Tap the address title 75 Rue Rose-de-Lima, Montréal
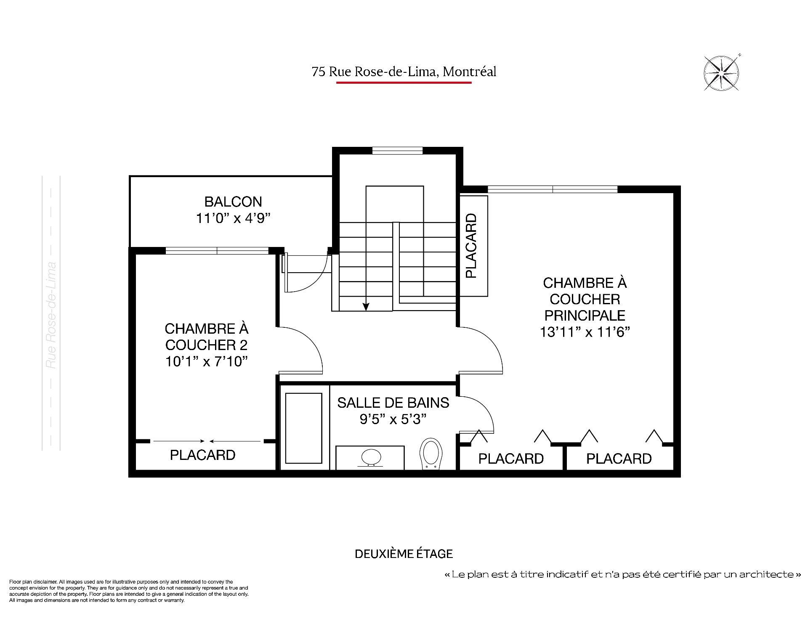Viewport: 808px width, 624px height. (x=404, y=72)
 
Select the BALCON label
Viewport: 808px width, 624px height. (x=233, y=202)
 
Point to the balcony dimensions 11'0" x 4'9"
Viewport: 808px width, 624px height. (x=233, y=218)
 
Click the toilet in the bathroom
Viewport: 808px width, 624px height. (x=431, y=454)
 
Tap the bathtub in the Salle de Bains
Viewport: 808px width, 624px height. (x=304, y=428)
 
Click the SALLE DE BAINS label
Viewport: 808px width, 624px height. (x=393, y=403)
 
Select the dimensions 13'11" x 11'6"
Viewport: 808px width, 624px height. (x=585, y=332)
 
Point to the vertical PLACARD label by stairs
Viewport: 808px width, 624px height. (x=472, y=246)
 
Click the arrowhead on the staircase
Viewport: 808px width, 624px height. (x=366, y=307)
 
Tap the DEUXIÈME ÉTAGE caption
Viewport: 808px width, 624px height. (x=404, y=554)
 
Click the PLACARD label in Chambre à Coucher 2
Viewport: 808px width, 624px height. (x=202, y=455)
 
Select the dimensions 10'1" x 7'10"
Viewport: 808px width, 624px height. (x=206, y=361)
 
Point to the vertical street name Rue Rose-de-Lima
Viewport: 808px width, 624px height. (x=51, y=316)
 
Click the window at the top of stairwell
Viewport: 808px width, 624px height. (x=397, y=151)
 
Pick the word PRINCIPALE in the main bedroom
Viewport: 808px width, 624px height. (x=585, y=316)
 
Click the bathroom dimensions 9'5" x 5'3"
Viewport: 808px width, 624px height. (x=393, y=419)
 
